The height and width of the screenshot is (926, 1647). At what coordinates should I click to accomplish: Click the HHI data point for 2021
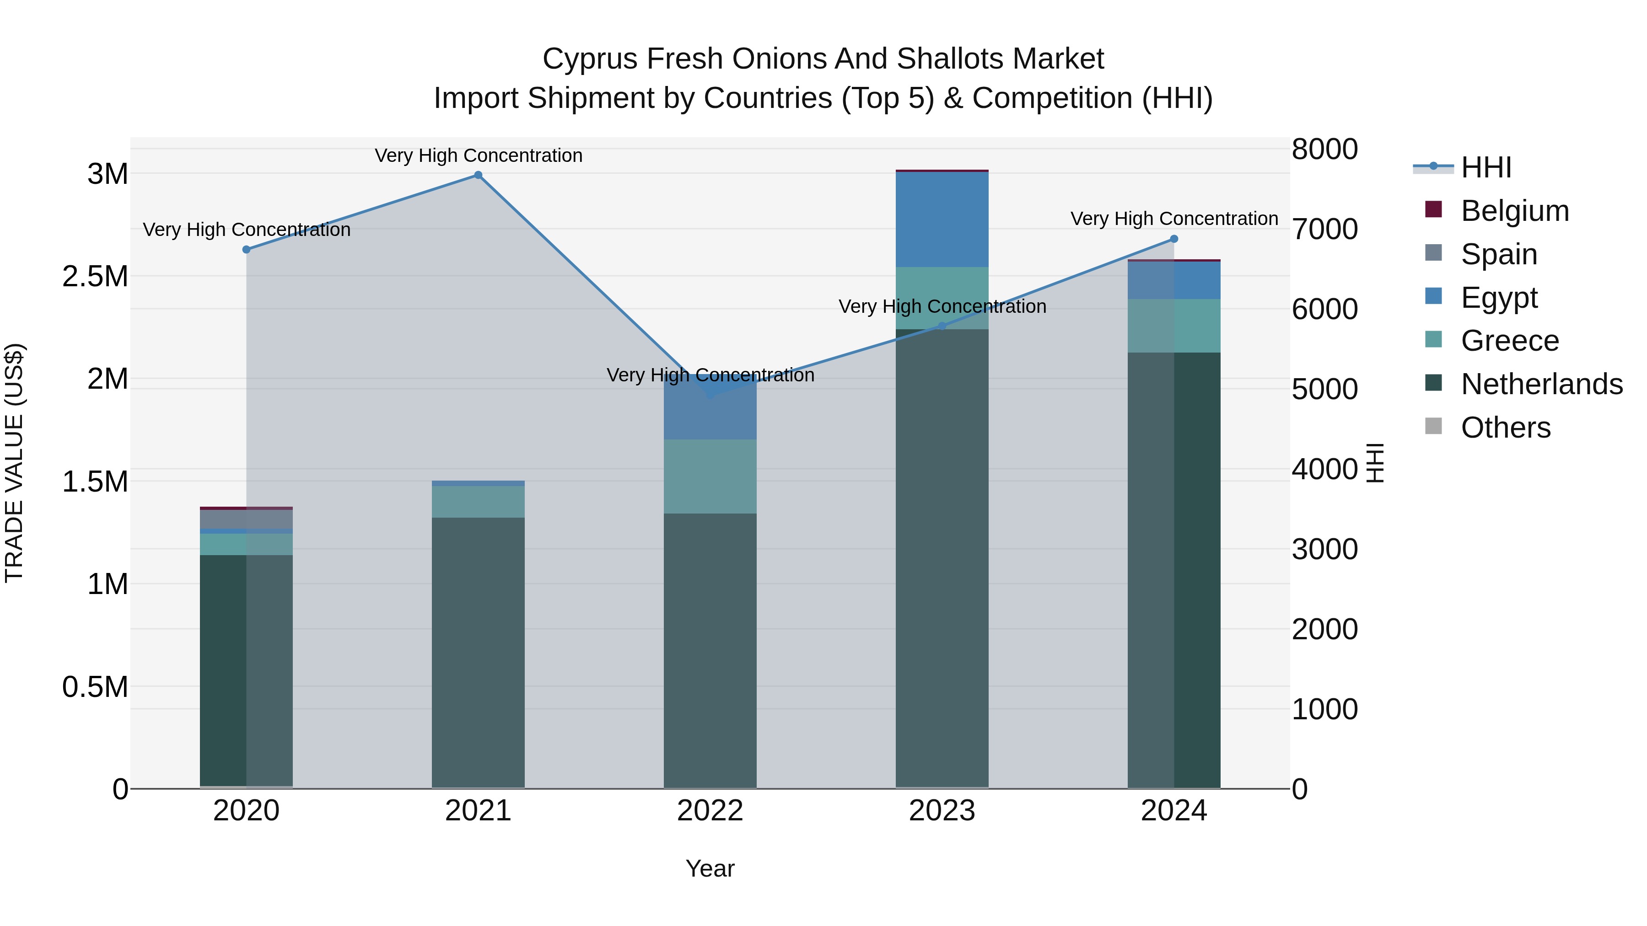[x=478, y=175]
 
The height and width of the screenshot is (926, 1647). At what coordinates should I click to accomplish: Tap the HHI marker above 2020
[x=246, y=249]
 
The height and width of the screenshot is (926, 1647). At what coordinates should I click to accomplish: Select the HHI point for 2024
[x=1174, y=239]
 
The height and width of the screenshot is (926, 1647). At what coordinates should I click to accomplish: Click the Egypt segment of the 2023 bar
[x=942, y=219]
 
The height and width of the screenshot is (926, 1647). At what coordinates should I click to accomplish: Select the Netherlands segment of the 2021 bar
[x=478, y=652]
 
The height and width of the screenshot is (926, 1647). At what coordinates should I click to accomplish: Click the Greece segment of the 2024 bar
[x=1174, y=326]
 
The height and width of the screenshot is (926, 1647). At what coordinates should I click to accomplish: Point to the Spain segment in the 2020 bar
[x=246, y=519]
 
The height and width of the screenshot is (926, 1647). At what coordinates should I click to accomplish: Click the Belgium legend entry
[x=1515, y=211]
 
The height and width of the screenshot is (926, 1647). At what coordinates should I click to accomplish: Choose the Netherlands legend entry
[x=1541, y=384]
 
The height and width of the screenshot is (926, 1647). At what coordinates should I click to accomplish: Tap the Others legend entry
[x=1506, y=428]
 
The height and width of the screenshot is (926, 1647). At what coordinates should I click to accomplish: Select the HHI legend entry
[x=1486, y=167]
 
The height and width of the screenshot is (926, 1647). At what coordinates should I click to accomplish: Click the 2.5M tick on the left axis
[x=95, y=277]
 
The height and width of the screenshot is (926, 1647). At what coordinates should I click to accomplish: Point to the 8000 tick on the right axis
[x=1325, y=150]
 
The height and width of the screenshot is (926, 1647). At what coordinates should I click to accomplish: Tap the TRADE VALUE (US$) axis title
[x=14, y=463]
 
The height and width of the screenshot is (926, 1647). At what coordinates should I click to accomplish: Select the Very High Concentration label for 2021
[x=478, y=155]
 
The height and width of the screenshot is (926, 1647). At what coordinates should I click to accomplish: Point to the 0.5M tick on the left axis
[x=95, y=687]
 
